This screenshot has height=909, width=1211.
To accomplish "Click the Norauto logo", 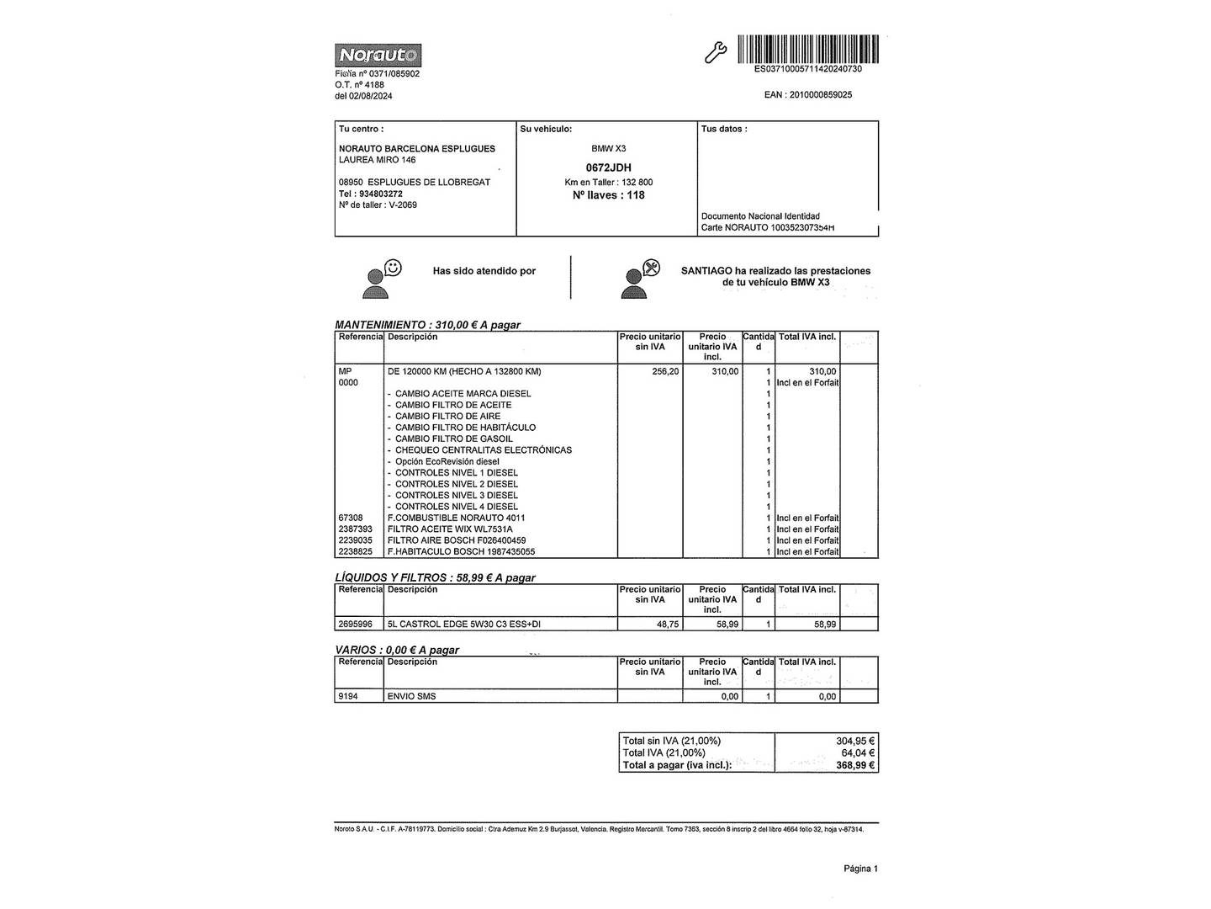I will click(x=378, y=56).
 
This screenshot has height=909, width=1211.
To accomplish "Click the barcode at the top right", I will click(x=807, y=49).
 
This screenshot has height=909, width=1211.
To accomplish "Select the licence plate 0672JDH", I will click(x=608, y=167).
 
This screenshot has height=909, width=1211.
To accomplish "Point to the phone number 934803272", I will click(x=380, y=194).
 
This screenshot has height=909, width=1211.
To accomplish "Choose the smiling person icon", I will click(x=381, y=279).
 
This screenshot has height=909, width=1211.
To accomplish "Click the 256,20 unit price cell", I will click(x=665, y=371).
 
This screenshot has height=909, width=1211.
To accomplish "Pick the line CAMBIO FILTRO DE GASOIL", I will click(x=453, y=439).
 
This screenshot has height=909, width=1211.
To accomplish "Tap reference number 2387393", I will click(x=355, y=529).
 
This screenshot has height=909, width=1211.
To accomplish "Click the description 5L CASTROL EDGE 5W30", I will click(x=463, y=625).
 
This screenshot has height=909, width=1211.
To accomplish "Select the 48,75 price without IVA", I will click(x=665, y=625).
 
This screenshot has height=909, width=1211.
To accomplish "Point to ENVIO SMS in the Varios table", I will click(x=411, y=697).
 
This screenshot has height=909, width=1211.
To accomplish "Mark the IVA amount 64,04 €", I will click(x=857, y=753).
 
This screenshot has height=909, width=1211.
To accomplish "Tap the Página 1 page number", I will click(x=860, y=869).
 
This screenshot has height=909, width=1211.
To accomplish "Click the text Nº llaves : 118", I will click(x=608, y=195).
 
